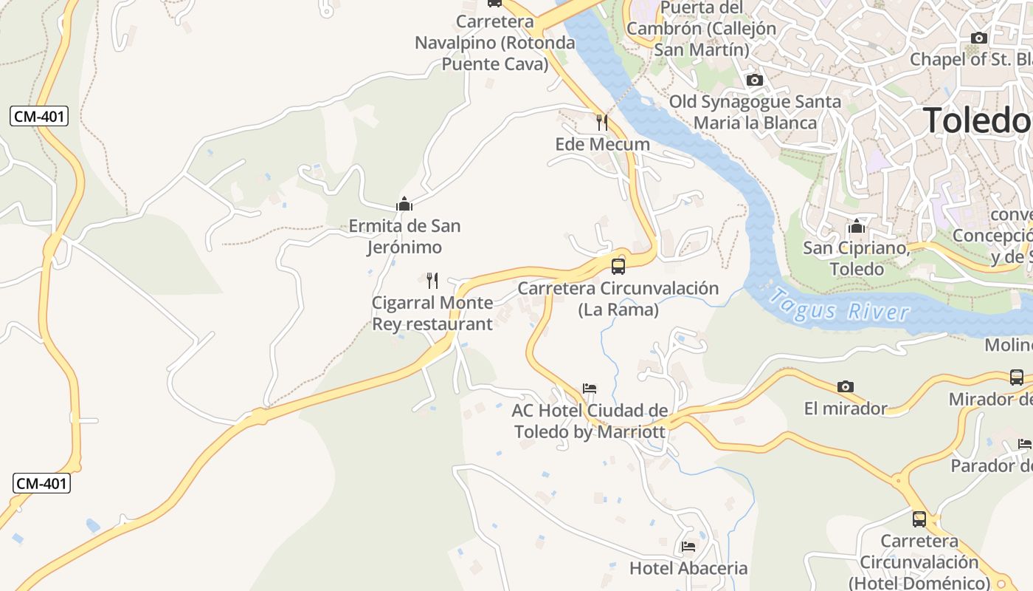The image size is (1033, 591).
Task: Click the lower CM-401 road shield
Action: point(42,484)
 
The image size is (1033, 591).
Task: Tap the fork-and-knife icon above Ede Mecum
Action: point(602,122)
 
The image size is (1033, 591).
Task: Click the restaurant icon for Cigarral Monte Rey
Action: point(432,280)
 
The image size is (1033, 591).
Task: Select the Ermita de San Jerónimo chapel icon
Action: point(404,203)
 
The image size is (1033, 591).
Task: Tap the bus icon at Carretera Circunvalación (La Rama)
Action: point(618,266)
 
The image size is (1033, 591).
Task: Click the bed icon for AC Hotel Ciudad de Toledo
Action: point(589,388)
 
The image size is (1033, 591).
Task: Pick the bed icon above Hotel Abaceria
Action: point(688,547)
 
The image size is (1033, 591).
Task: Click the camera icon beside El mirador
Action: point(846,386)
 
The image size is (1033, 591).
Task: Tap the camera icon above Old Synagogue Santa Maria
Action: point(754,80)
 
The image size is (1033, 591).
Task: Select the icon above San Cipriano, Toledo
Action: point(856,226)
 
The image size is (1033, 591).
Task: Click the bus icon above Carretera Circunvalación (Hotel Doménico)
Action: point(919,519)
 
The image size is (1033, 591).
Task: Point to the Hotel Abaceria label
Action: point(688,568)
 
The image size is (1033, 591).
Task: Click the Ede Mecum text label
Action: point(602,144)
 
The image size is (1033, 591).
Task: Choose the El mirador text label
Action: point(846,408)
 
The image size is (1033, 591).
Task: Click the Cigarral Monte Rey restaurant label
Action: point(432,313)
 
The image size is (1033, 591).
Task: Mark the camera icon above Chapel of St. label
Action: point(979,38)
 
